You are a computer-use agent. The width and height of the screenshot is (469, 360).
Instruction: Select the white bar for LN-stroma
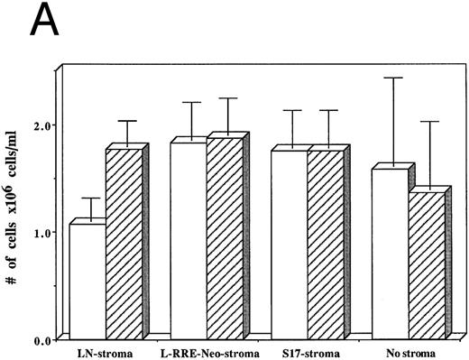point(87,280)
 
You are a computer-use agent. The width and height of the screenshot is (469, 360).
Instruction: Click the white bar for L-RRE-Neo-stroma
point(189,239)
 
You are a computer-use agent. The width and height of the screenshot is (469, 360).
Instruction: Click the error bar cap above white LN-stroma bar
point(91,198)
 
